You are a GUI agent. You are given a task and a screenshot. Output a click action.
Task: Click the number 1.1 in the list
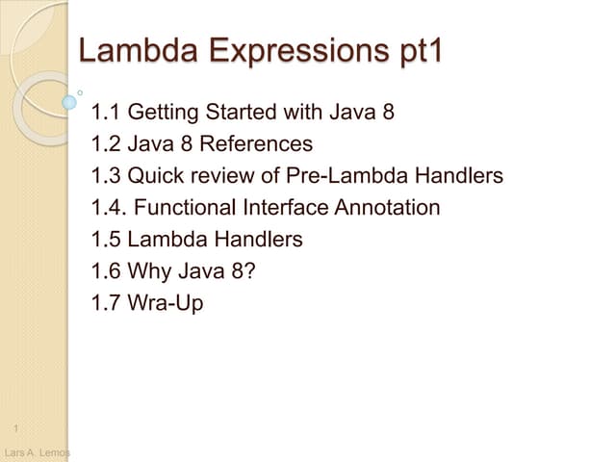(104, 115)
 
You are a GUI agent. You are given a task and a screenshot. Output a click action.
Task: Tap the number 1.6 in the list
(104, 269)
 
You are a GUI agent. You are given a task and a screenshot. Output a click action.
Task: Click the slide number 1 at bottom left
(17, 427)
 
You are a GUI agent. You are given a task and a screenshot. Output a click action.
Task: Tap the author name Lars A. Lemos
(36, 452)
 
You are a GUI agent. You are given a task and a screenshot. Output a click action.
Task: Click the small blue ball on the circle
(69, 100)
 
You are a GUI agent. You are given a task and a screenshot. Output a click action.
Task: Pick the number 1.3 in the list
(104, 176)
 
